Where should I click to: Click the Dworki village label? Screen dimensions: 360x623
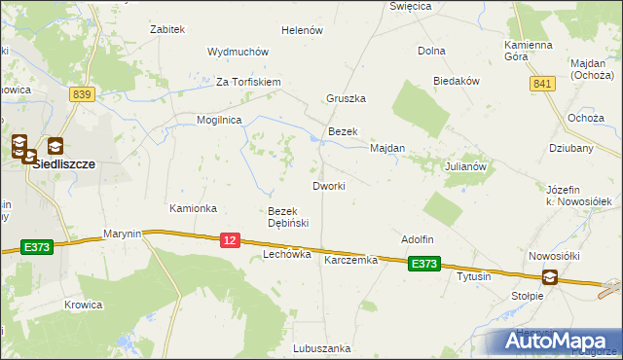(x=327, y=186)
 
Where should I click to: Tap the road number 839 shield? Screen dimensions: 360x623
(x=82, y=93)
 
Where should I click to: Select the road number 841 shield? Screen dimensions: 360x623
(x=542, y=86)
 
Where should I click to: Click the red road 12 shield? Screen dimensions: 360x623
(x=230, y=240)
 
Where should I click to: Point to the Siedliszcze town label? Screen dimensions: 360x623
(x=63, y=164)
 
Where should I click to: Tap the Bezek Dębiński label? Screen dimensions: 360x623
(x=288, y=217)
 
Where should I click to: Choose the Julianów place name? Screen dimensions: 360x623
(x=465, y=166)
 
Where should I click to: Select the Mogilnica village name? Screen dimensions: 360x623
(x=219, y=120)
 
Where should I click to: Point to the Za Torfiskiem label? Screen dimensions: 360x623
(x=248, y=82)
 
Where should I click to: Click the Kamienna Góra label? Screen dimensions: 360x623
(x=530, y=51)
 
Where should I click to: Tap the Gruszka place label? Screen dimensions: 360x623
(x=346, y=98)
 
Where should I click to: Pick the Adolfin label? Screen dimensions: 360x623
(x=417, y=239)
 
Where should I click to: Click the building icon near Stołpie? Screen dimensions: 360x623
(x=550, y=277)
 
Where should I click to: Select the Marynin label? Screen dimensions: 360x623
(x=123, y=234)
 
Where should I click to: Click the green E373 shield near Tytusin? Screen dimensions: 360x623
(x=423, y=263)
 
